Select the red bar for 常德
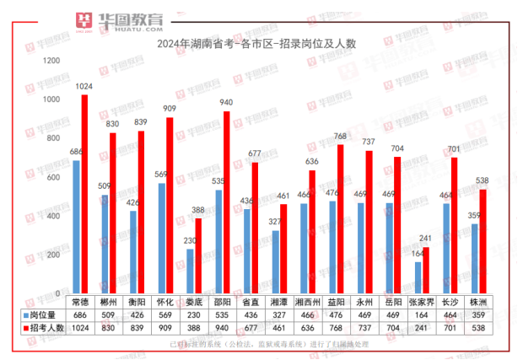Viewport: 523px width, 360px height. click(84, 194)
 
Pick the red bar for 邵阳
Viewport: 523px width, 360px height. click(226, 202)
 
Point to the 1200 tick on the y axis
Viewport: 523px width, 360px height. click(51, 62)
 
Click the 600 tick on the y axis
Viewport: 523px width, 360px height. click(52, 178)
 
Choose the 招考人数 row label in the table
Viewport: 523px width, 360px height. click(47, 328)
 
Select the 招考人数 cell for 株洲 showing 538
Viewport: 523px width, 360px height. click(478, 328)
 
